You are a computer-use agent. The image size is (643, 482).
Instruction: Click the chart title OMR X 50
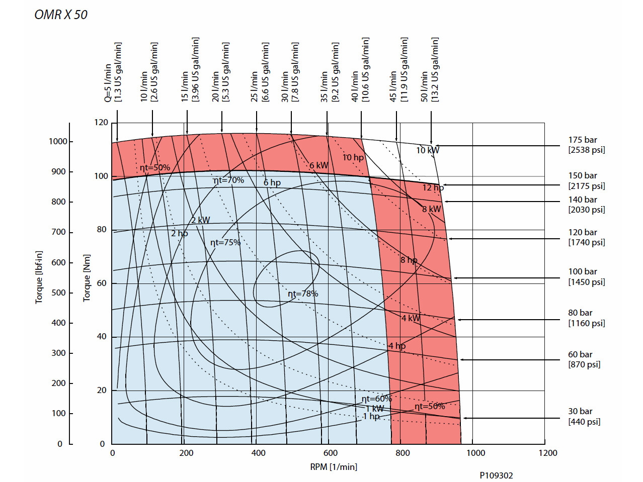[61, 15]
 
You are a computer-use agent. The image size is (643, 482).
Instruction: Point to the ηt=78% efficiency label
[302, 294]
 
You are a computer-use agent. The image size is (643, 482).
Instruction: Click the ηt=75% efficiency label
[225, 242]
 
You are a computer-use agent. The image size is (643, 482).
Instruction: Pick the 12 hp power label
[433, 187]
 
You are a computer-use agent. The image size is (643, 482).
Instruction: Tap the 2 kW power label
[200, 220]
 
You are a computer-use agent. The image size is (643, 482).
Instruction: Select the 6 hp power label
[272, 182]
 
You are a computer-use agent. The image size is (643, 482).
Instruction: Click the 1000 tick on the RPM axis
[475, 453]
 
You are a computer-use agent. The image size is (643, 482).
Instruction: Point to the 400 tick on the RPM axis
[258, 453]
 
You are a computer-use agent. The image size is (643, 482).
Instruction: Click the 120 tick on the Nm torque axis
[101, 122]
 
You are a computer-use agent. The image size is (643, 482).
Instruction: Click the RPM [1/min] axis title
[334, 467]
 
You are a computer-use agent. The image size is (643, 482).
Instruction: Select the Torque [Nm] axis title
[87, 277]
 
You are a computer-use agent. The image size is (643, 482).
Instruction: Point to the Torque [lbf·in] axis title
[39, 277]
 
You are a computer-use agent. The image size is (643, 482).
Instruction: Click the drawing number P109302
[496, 475]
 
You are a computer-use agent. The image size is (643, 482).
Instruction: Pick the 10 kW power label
[427, 150]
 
